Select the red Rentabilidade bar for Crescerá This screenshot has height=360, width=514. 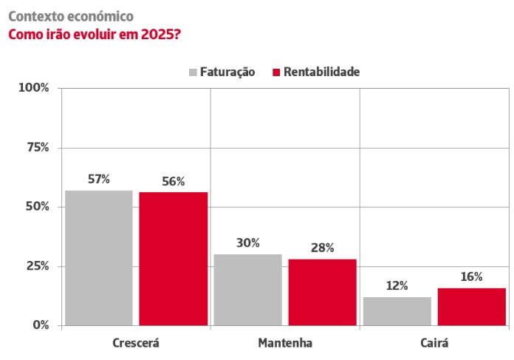tap(173, 258)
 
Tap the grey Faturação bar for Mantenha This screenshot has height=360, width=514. tap(247, 289)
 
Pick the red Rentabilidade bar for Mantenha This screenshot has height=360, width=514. tap(322, 291)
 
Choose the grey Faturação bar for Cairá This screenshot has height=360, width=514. tap(397, 310)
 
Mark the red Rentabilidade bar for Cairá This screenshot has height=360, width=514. tap(471, 306)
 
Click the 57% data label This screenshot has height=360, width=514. tap(98, 179)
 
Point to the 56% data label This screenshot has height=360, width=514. tap(173, 181)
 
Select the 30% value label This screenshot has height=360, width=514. tap(247, 242)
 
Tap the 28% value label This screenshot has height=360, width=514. tap(322, 248)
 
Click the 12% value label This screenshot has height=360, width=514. tap(397, 285)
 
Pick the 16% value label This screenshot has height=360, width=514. tap(471, 276)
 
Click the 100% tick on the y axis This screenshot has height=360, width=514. tap(34, 88)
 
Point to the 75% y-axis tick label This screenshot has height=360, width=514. tap(37, 147)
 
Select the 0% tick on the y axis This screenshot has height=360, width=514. tap(40, 325)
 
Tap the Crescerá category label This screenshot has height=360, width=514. tap(136, 343)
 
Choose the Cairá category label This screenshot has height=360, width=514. tap(434, 343)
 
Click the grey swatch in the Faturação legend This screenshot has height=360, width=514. tap(193, 72)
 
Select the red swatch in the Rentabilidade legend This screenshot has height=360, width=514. tap(277, 72)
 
